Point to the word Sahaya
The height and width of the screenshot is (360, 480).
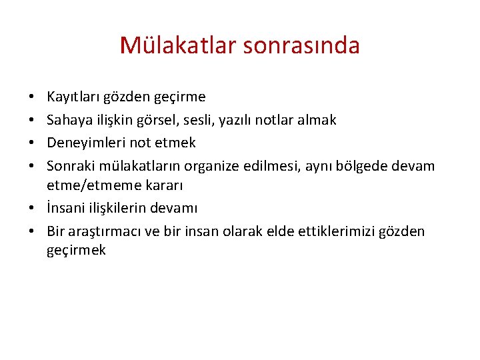[x=67, y=120]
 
